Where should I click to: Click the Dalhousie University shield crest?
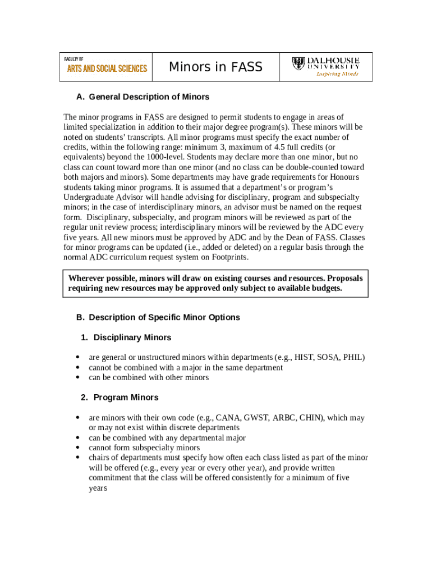pyautogui.click(x=299, y=63)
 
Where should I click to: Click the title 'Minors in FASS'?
pyautogui.click(x=215, y=67)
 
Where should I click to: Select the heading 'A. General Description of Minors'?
pyautogui.click(x=143, y=97)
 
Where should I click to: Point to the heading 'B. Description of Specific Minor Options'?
pyautogui.click(x=158, y=317)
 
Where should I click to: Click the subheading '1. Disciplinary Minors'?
pyautogui.click(x=126, y=337)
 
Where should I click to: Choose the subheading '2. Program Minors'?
pyautogui.click(x=120, y=397)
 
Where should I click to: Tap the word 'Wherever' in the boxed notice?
pyautogui.click(x=88, y=278)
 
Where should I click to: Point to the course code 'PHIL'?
pyautogui.click(x=353, y=357)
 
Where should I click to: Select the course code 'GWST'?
pyautogui.click(x=256, y=418)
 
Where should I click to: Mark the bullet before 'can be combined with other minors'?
pyautogui.click(x=77, y=377)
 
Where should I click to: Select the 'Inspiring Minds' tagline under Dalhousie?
pyautogui.click(x=337, y=74)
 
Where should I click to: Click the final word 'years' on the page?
pyautogui.click(x=98, y=488)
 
